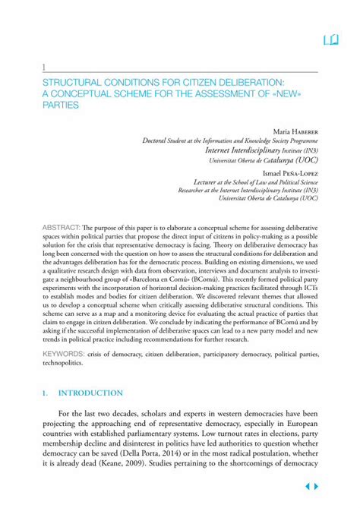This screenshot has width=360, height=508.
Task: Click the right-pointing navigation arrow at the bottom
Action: pos(317,486)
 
